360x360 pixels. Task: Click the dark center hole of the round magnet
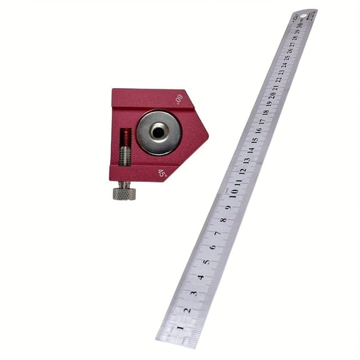coord(159,131)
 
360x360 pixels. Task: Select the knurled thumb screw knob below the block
coord(124,192)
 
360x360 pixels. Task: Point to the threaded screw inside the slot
coord(125,147)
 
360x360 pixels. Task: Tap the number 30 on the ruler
coord(302,24)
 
